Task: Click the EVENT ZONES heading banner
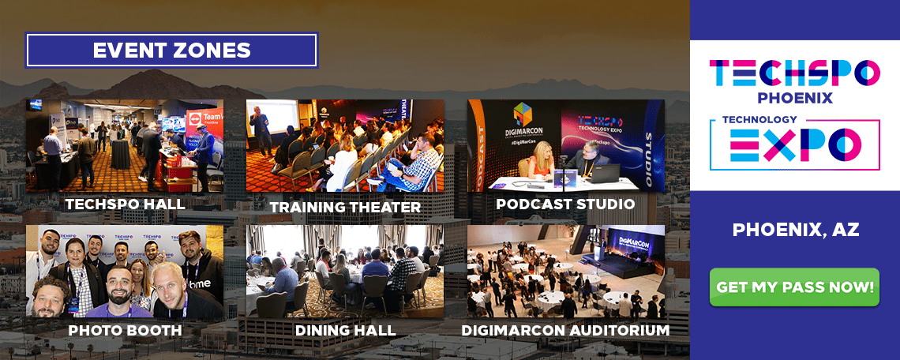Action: click(171, 50)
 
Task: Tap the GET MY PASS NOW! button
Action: click(795, 287)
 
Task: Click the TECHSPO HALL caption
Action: click(125, 204)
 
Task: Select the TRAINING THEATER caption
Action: click(345, 207)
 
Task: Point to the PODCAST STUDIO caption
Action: click(565, 204)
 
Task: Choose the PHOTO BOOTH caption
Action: click(125, 329)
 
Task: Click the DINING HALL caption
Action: click(345, 329)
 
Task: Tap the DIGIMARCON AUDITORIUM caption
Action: click(565, 329)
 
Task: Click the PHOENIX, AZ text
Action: click(795, 230)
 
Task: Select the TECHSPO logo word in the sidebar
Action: click(795, 73)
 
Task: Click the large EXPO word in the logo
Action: click(795, 144)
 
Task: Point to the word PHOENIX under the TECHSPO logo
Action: click(795, 98)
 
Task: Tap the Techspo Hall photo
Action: click(125, 146)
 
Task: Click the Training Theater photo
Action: click(345, 146)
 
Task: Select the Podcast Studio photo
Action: click(565, 146)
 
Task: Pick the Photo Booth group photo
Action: click(125, 272)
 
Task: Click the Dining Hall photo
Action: click(345, 272)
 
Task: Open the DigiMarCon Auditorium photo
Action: click(565, 272)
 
